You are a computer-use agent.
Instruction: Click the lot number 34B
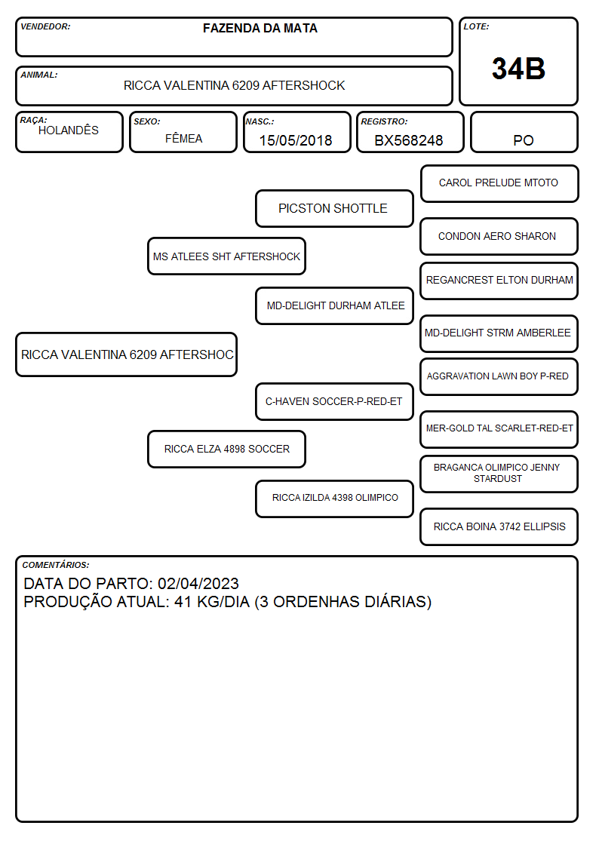click(518, 69)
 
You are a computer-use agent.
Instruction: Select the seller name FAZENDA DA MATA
click(260, 28)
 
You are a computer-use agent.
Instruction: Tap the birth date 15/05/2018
click(296, 140)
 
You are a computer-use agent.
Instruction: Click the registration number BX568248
click(408, 140)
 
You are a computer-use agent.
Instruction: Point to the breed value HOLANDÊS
click(69, 130)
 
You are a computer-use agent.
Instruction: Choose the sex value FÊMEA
click(183, 138)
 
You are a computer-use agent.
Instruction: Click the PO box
click(524, 132)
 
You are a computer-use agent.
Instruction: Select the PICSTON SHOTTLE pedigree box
click(334, 208)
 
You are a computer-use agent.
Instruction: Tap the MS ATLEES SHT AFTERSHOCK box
click(226, 256)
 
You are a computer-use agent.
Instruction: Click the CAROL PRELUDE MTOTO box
click(499, 184)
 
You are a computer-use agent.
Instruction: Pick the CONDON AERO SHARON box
click(499, 236)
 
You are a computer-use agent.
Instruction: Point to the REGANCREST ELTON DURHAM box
click(499, 281)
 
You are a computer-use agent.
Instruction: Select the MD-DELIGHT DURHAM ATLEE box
click(334, 305)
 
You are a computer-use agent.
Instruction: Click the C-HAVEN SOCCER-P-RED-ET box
click(334, 401)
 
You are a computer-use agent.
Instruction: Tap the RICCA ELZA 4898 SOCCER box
click(226, 449)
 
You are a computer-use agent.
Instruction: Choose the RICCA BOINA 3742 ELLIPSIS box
click(499, 526)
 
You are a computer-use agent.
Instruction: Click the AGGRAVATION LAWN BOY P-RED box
click(499, 376)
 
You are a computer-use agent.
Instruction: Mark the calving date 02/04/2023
click(198, 583)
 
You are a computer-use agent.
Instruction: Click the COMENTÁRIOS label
click(56, 565)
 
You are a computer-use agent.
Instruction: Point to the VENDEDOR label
click(45, 26)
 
